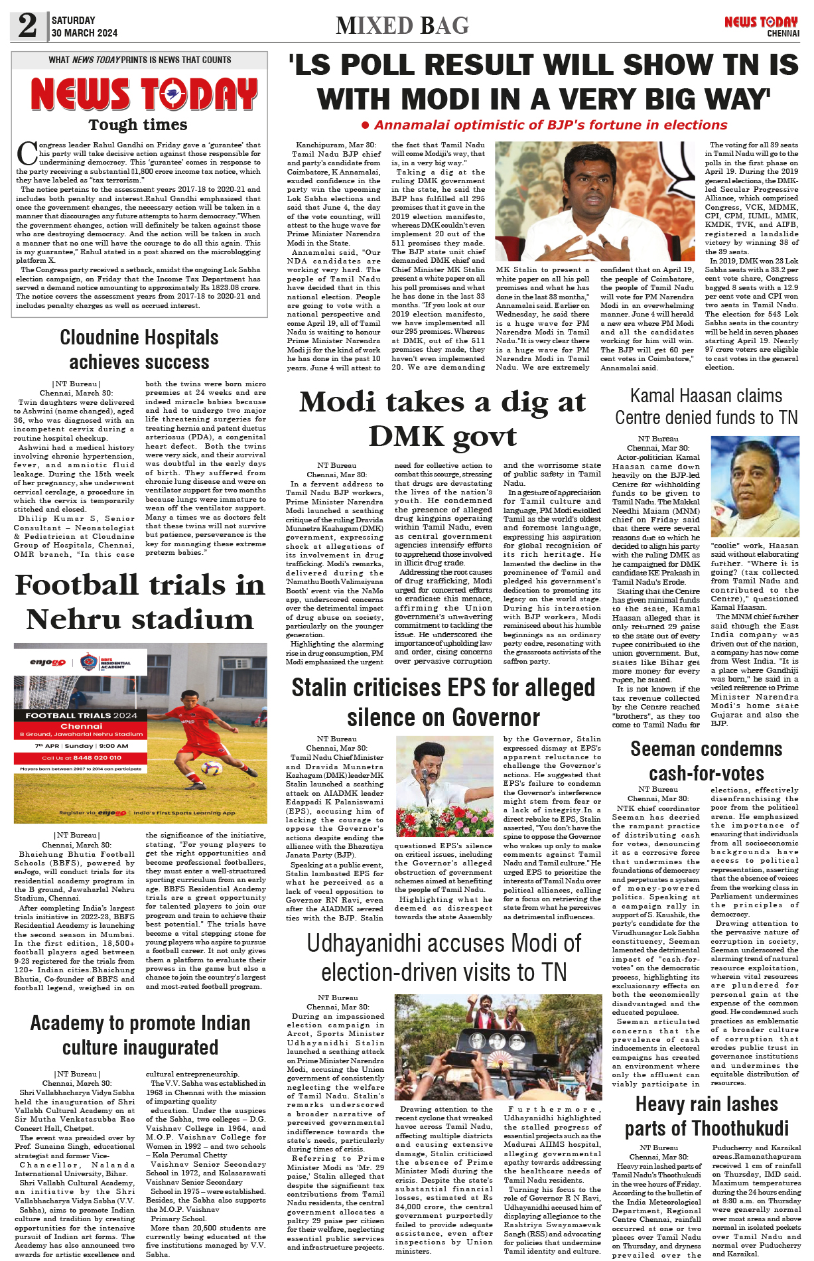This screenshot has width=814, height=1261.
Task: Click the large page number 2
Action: click(27, 26)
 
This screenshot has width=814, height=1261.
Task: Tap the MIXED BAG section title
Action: click(402, 26)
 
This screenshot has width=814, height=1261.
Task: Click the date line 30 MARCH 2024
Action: click(84, 33)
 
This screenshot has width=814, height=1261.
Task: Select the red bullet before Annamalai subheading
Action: click(365, 125)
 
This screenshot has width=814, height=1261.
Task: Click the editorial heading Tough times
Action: click(138, 125)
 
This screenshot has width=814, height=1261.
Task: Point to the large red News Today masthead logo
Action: click(144, 94)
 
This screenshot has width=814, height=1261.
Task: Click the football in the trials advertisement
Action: click(211, 768)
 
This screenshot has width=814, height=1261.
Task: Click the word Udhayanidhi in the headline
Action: click(372, 943)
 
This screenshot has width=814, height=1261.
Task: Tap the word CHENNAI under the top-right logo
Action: click(783, 33)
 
